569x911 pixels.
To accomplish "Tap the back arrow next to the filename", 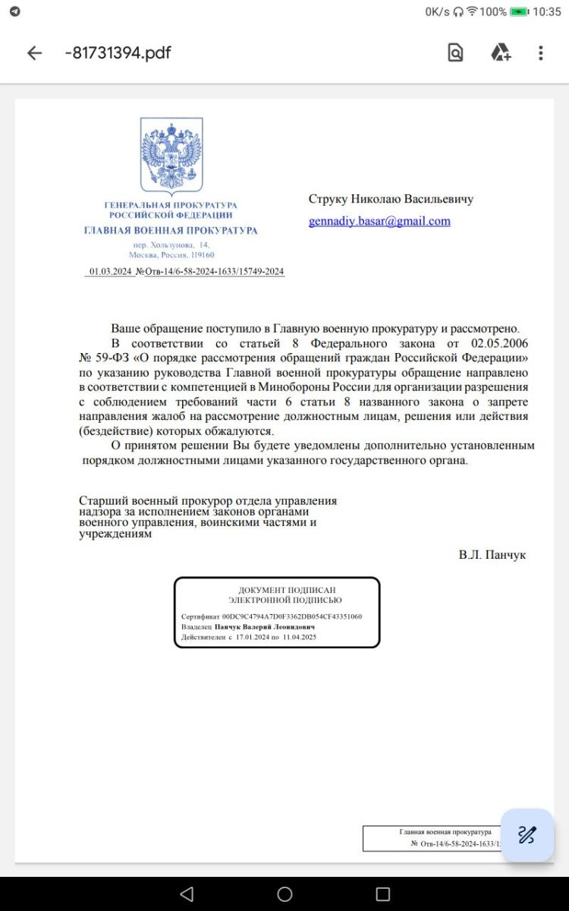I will tap(34, 53).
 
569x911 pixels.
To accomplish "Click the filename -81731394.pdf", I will tap(118, 53).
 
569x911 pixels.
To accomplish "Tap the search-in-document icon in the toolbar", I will tap(455, 53).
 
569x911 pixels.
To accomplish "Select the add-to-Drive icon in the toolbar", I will tap(501, 53).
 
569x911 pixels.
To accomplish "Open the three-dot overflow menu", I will tap(541, 53).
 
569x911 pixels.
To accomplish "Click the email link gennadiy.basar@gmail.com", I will tap(379, 222).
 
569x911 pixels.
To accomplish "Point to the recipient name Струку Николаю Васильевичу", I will tap(391, 199).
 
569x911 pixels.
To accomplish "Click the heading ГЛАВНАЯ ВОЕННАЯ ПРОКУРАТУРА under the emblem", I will tap(171, 230).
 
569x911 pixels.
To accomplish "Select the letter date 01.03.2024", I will tap(111, 272).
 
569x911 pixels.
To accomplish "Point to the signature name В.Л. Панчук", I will tap(492, 555).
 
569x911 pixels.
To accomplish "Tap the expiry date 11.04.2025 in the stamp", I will tap(299, 638).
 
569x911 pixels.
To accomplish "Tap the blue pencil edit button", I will tap(527, 835).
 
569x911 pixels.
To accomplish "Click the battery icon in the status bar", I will tap(520, 12).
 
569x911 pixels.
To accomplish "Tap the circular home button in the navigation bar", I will tap(284, 894).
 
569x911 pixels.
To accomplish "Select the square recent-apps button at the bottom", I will tap(383, 894).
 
